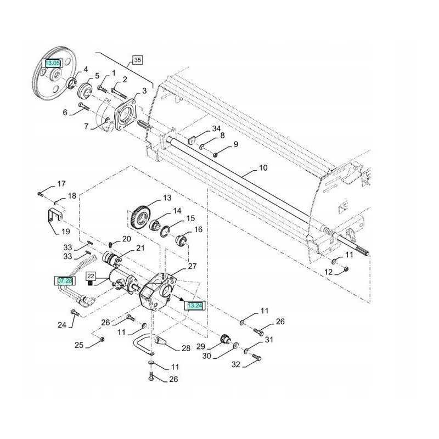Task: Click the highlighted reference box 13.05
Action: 53,64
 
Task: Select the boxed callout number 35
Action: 137,60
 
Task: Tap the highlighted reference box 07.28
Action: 64,280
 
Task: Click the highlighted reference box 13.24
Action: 195,306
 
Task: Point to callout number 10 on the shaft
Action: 263,168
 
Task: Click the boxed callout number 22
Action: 91,276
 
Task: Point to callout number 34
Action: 216,128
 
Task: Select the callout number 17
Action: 61,183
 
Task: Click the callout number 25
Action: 79,345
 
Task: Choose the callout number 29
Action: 200,347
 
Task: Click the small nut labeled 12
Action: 346,268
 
